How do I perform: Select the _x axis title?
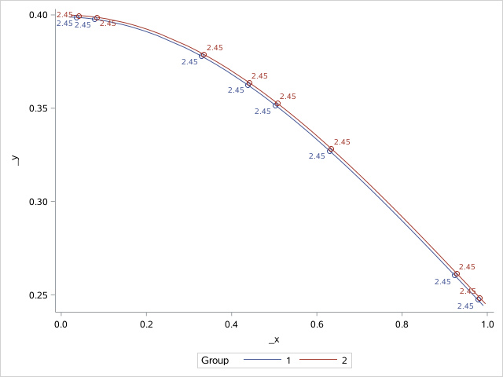pos(274,339)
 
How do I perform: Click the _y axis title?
pos(14,159)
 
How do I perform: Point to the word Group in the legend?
pos(215,361)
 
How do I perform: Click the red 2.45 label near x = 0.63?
pos(342,142)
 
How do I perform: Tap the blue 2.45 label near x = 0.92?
pos(442,281)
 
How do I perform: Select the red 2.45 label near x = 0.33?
pos(215,48)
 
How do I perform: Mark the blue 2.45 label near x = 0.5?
pos(263,112)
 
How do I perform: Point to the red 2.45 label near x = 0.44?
pos(259,76)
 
